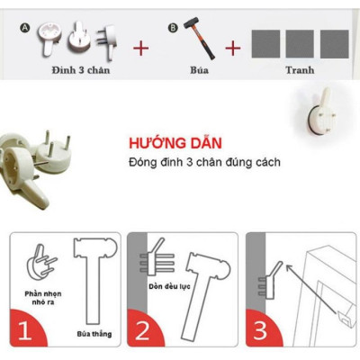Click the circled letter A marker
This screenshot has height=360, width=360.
[26, 28]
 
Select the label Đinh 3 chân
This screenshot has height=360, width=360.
[80, 70]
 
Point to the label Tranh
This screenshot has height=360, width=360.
[300, 70]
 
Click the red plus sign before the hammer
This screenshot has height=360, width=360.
[141, 48]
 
